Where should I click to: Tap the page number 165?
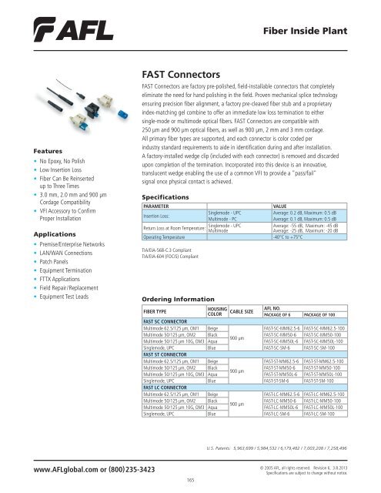pos(190,480)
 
